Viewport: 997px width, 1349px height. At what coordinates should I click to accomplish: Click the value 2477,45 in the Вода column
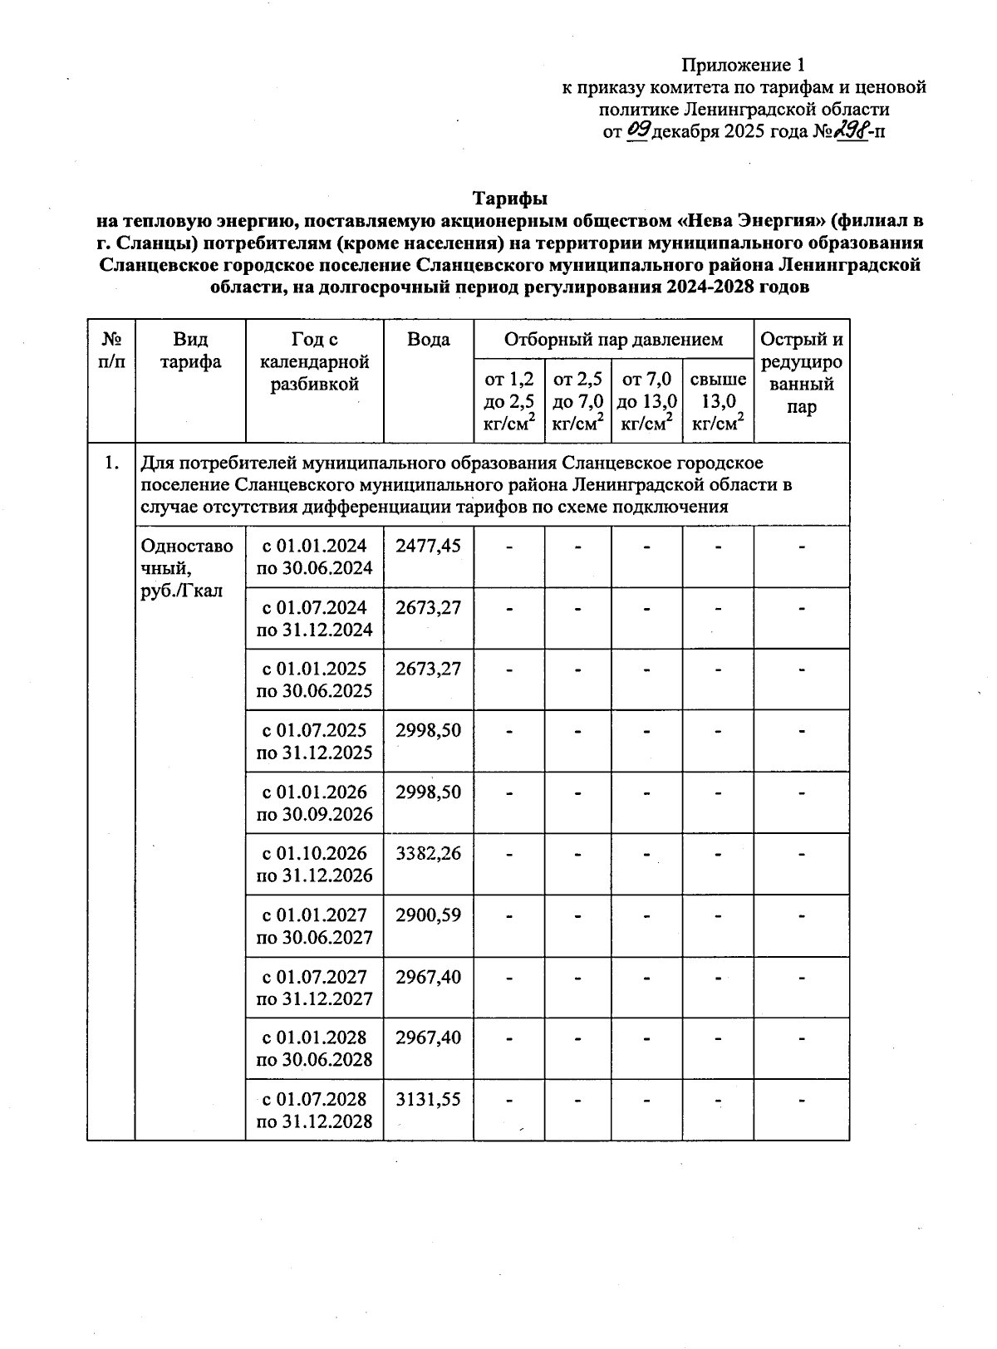428,546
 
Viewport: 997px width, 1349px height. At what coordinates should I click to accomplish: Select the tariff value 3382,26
428,853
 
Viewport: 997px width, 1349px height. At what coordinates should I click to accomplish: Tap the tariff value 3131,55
428,1099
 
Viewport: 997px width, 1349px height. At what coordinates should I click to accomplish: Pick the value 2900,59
428,915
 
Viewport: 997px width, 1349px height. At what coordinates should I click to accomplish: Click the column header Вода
429,340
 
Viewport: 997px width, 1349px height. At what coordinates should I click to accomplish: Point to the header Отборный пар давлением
613,340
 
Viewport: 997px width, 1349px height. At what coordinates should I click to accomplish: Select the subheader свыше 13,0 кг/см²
718,401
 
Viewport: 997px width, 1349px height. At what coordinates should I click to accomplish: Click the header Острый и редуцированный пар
802,373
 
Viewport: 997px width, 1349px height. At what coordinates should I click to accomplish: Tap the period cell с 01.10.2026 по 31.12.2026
315,864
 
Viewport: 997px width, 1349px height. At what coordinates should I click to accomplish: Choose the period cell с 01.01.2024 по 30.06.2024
315,557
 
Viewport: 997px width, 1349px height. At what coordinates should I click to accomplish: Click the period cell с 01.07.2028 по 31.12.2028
315,1110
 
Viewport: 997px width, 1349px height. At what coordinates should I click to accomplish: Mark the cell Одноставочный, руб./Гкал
188,568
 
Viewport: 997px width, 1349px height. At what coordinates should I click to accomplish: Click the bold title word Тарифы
509,199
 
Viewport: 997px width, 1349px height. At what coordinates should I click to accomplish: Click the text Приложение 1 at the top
744,65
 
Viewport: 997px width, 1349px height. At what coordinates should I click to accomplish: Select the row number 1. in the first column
111,463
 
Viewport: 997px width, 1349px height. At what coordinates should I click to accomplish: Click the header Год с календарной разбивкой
315,361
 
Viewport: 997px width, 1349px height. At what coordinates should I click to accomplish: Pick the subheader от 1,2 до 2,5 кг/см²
508,401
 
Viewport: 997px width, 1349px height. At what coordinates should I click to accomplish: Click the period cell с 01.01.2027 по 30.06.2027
315,925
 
